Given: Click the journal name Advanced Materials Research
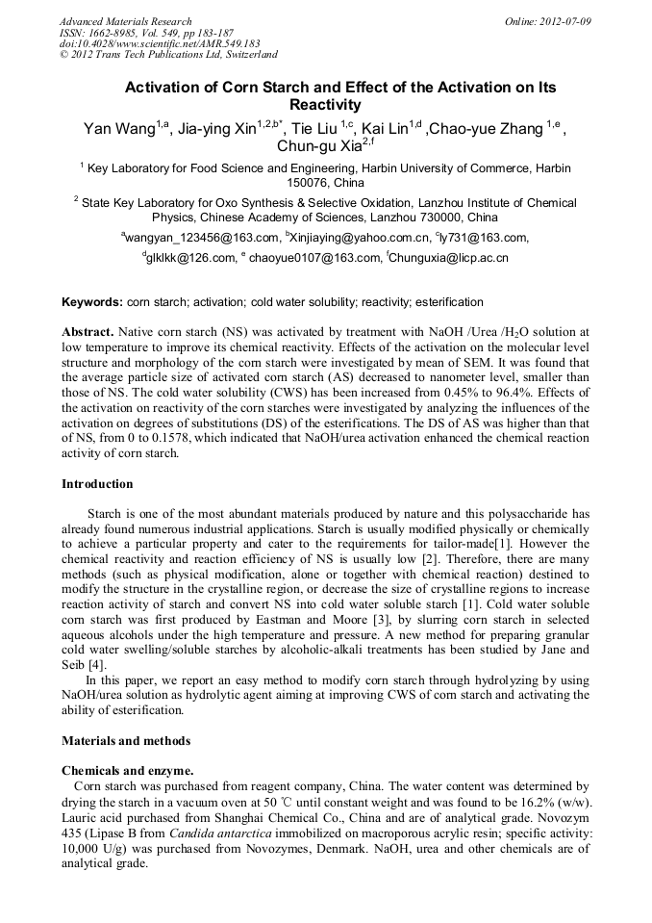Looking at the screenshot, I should [x=125, y=21].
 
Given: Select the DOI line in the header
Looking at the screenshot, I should [x=159, y=43].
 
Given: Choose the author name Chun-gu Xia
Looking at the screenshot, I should [x=313, y=147].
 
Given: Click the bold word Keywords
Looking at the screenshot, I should [x=91, y=302].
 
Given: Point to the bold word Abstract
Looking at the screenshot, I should [x=88, y=331].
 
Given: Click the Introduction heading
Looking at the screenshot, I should [x=97, y=484].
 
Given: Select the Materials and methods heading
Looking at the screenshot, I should [x=126, y=741].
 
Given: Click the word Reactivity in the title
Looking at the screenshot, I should [x=325, y=105].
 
